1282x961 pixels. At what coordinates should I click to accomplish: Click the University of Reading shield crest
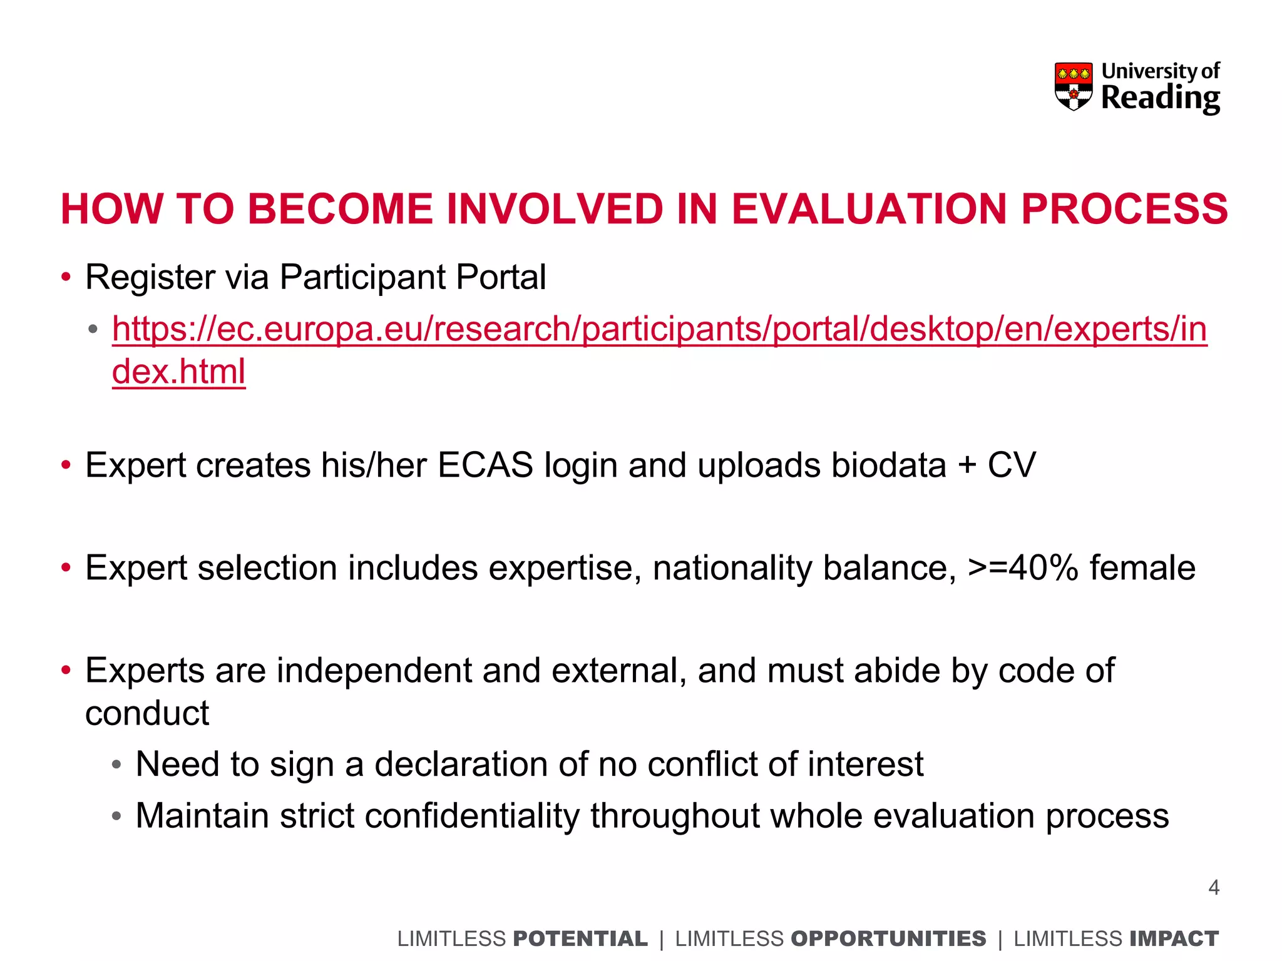click(1073, 86)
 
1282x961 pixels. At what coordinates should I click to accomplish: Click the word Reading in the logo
click(1160, 99)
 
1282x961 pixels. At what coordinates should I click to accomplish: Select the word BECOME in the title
click(340, 209)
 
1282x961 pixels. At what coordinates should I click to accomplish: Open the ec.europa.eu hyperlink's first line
click(659, 329)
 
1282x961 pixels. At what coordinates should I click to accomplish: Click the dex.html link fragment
click(178, 372)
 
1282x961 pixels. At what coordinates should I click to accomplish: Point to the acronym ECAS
click(485, 465)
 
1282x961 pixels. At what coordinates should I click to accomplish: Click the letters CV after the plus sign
click(1011, 465)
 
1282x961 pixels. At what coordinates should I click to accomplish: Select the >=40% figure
click(1023, 568)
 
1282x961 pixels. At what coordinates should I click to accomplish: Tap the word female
click(1142, 568)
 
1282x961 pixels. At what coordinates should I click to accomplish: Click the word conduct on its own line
click(147, 714)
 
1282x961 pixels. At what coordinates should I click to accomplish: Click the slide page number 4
click(1213, 888)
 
